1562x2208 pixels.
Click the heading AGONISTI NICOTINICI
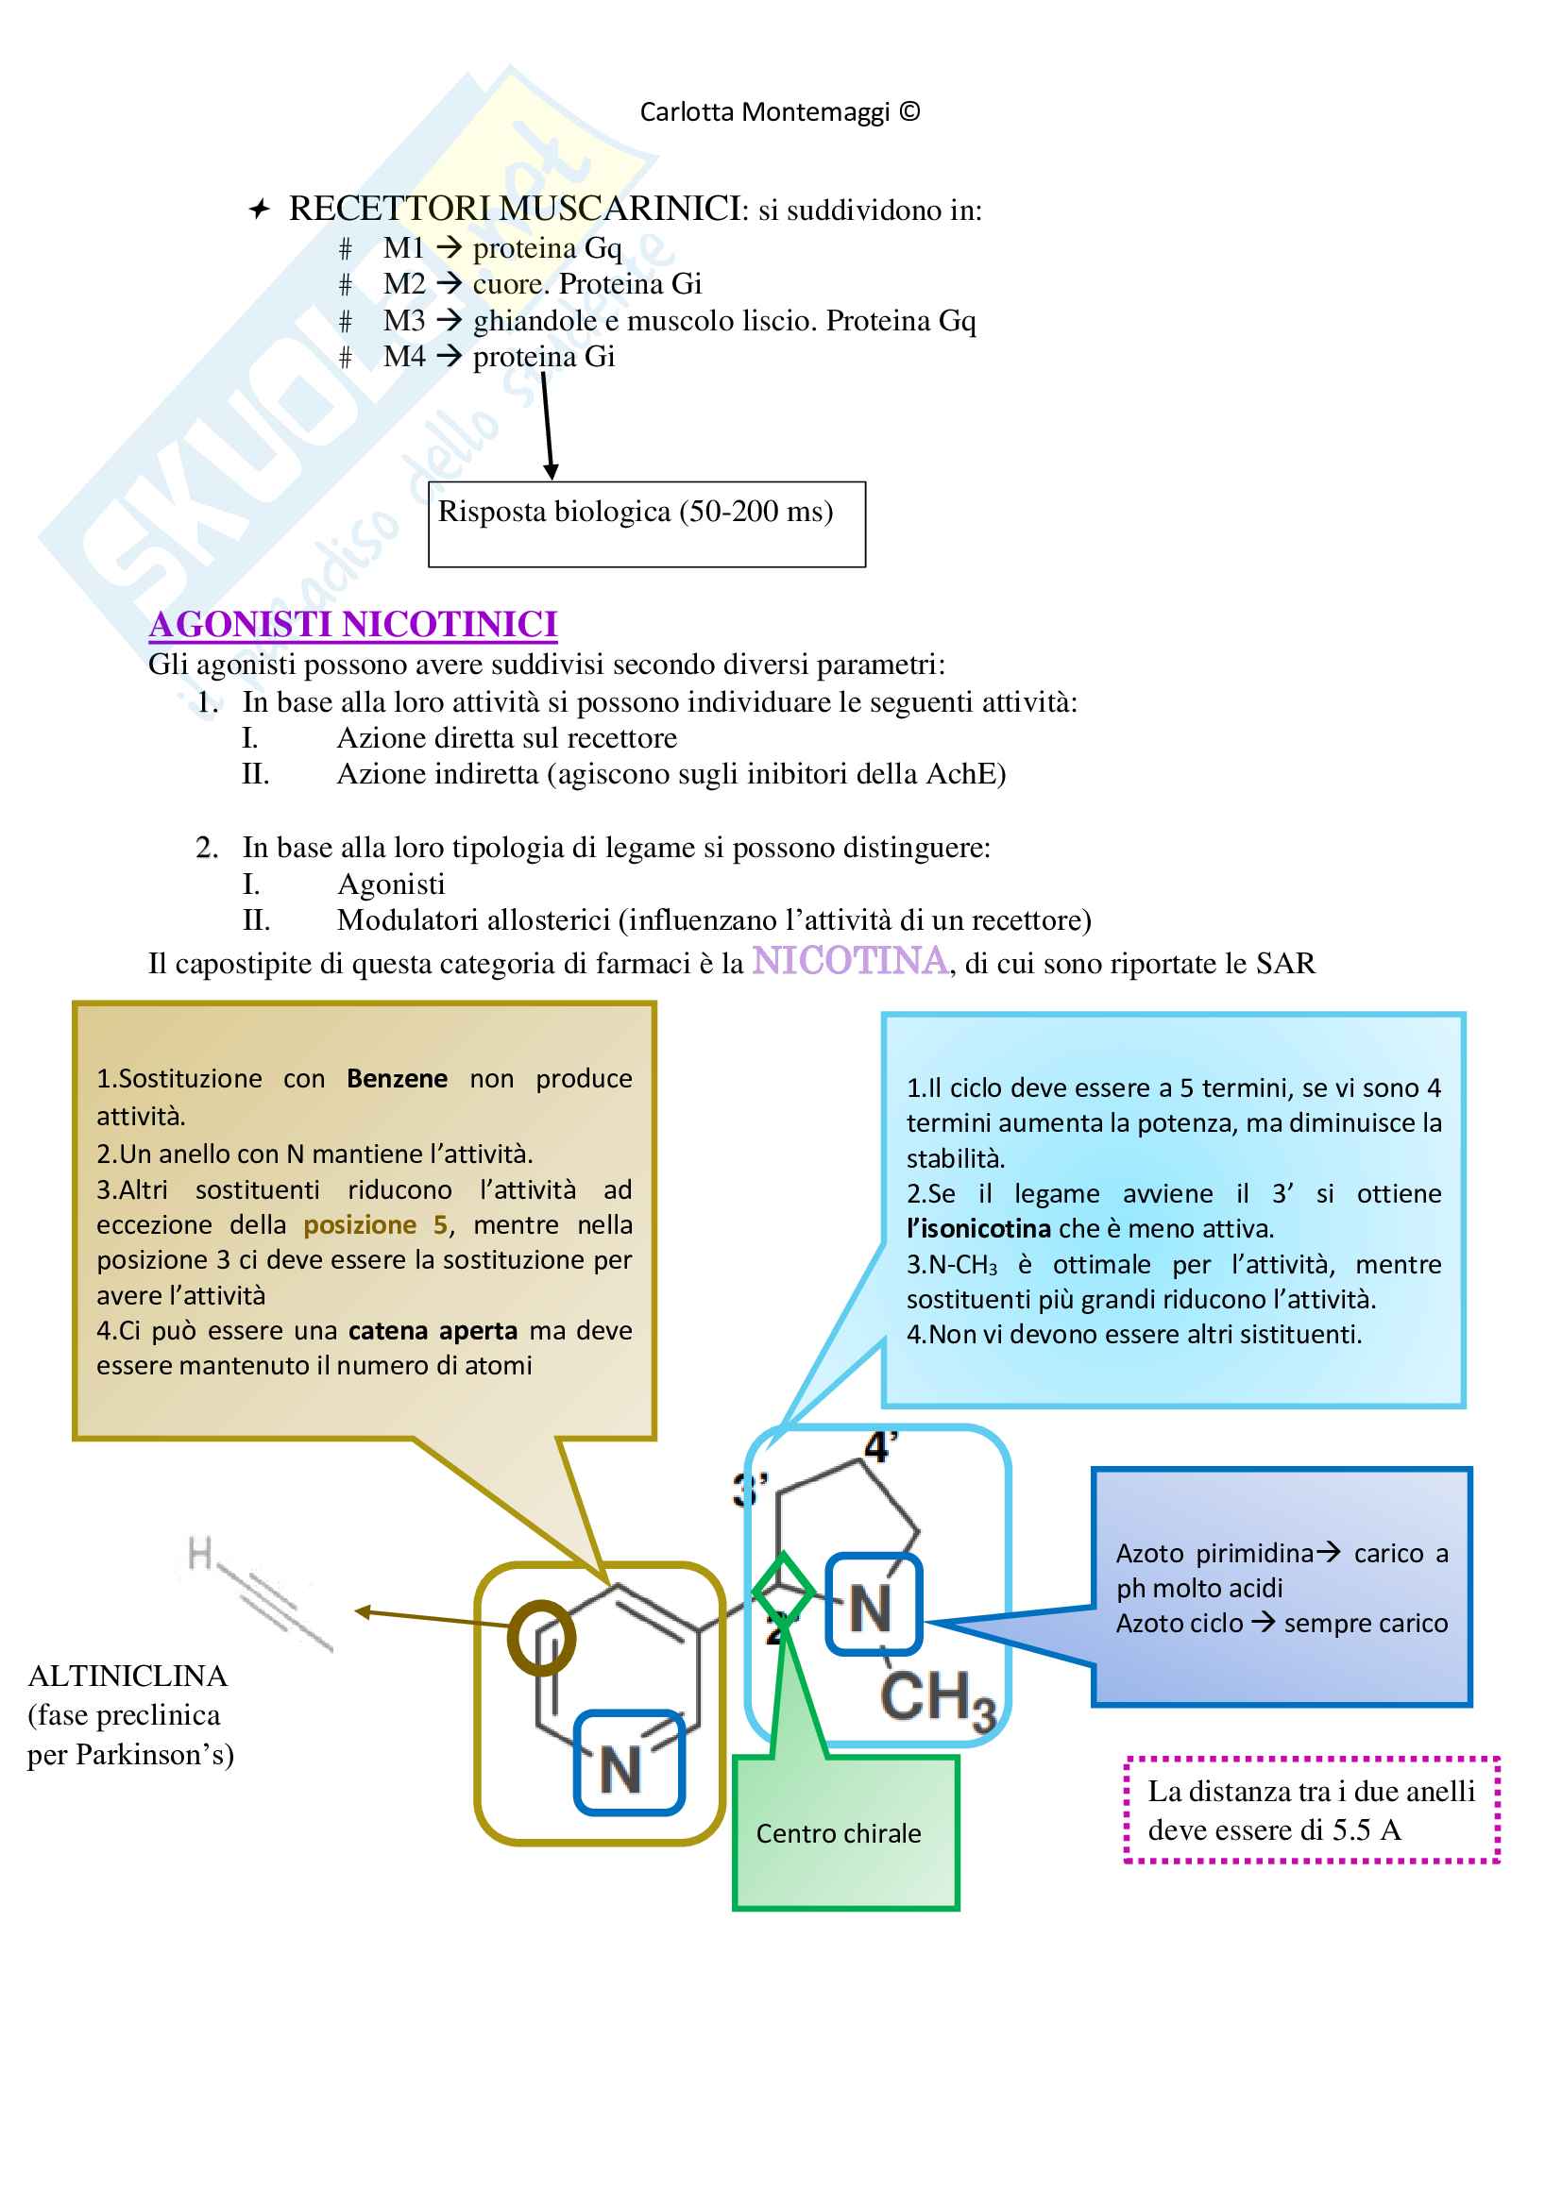pos(353,625)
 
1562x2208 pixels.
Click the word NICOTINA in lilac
pos(850,961)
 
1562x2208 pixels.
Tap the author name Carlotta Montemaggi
pos(765,112)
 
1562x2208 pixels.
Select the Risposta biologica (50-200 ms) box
pos(646,523)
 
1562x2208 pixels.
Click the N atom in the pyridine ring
pos(621,1770)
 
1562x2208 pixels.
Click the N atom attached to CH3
pos(871,1609)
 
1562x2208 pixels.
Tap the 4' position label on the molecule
pos(880,1447)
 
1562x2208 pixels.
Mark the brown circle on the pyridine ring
pos(541,1638)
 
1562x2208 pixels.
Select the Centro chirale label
pos(838,1834)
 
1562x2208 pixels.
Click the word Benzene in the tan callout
pos(397,1079)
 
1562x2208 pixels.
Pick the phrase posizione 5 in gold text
pos(375,1225)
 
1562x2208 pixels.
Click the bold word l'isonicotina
pos(978,1229)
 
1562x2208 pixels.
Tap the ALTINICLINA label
pos(127,1677)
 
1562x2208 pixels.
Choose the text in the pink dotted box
pos(1310,1811)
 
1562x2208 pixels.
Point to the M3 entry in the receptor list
pos(404,321)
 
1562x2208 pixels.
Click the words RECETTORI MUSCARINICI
pos(515,209)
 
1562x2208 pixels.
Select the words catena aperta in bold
pos(433,1331)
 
